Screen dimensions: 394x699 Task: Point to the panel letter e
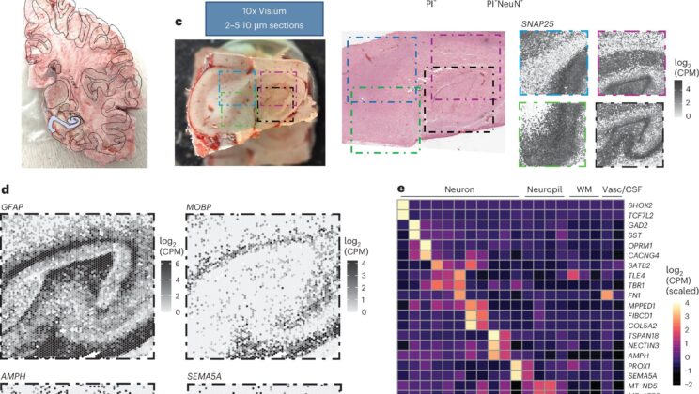400,189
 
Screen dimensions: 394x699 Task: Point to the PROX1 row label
641,365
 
